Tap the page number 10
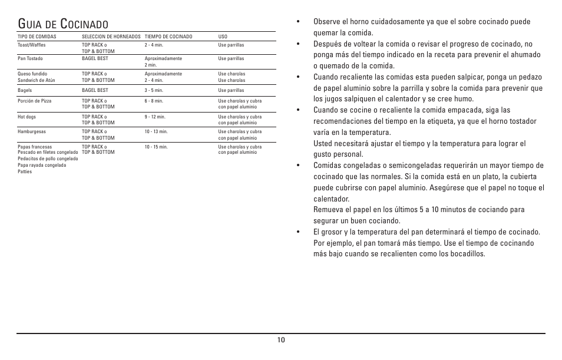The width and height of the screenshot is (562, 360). tap(281, 340)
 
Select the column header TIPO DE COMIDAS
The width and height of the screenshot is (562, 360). tap(37, 37)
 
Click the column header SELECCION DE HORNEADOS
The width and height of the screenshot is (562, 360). tap(111, 37)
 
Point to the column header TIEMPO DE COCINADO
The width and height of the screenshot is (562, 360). tap(168, 37)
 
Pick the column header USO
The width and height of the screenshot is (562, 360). tap(223, 37)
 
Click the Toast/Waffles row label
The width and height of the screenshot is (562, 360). tap(32, 45)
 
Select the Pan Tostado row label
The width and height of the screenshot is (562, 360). tap(30, 59)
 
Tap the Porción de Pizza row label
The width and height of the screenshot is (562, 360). tap(34, 101)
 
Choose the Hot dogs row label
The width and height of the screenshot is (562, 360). tap(27, 117)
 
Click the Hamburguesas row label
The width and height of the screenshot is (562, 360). tap(33, 132)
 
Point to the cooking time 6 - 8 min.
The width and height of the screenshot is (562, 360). tap(154, 101)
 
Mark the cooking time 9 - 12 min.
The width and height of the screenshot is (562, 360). tap(155, 117)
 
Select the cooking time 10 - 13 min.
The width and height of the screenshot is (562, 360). tap(156, 132)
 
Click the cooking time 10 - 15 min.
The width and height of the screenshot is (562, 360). tap(156, 147)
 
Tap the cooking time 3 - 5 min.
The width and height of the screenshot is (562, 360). tap(154, 91)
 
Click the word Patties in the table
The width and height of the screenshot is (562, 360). tap(25, 172)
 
